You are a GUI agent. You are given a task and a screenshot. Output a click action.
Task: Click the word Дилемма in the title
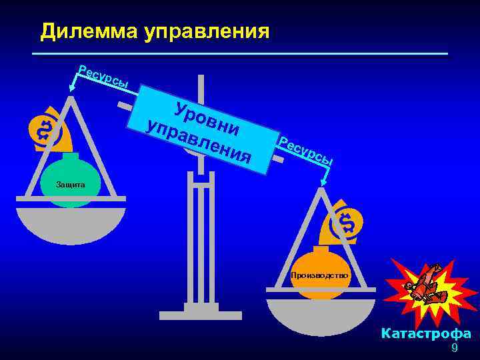click(89, 31)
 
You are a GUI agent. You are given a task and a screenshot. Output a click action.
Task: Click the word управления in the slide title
click(207, 31)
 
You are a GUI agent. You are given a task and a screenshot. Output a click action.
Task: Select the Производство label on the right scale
click(319, 275)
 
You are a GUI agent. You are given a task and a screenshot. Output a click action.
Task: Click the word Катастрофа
click(426, 334)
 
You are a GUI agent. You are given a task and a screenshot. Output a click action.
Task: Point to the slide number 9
click(455, 349)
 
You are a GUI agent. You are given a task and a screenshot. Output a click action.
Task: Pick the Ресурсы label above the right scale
click(305, 151)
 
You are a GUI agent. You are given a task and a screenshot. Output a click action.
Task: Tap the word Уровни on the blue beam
click(206, 116)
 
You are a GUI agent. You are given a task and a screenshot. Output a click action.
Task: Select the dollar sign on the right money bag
click(347, 223)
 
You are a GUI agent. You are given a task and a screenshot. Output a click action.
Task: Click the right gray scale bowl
click(321, 314)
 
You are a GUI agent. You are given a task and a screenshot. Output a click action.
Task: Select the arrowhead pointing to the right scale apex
click(324, 183)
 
